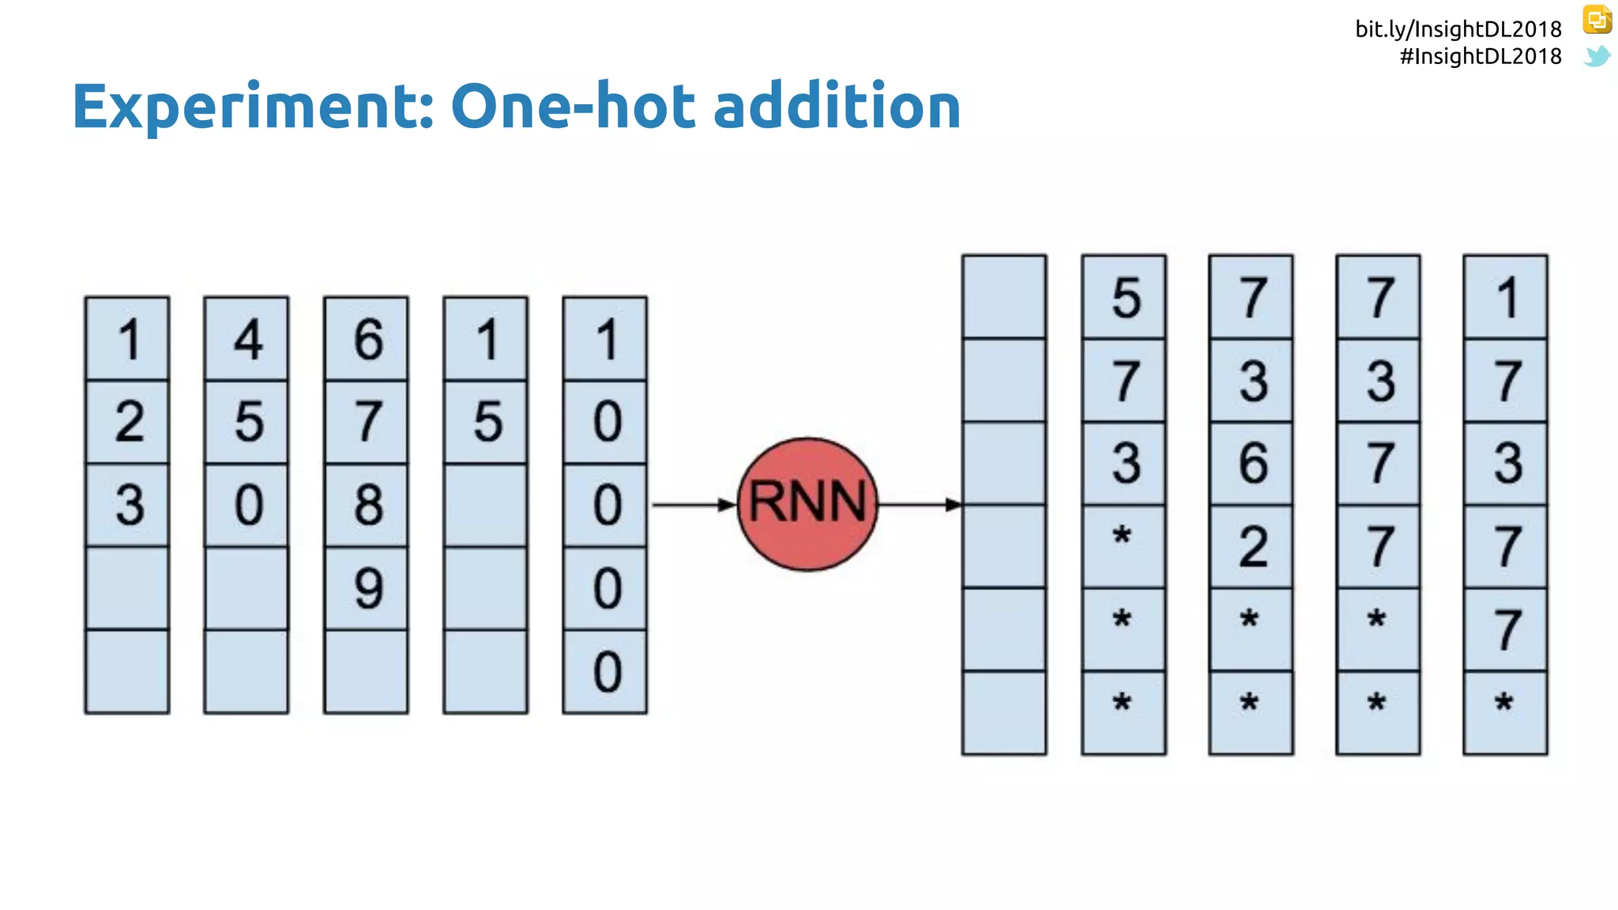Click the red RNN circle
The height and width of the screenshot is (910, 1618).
pos(807,504)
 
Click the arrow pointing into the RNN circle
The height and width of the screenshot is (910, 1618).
pos(692,505)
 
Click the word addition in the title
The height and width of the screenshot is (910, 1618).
pos(837,107)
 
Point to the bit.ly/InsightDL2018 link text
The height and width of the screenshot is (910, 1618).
pos(1458,29)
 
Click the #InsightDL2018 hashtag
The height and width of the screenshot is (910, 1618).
pos(1480,56)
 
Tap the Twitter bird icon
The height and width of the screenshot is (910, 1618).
pos(1597,56)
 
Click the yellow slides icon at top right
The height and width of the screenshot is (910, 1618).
pos(1597,19)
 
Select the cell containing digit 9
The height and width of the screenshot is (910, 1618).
pos(367,588)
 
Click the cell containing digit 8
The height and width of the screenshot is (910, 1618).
pos(367,505)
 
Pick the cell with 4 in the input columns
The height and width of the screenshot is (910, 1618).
pos(246,340)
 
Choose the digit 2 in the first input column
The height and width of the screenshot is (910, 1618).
pos(127,422)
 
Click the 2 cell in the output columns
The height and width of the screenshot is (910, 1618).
pos(1251,547)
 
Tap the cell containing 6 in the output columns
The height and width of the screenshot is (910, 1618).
pos(1251,463)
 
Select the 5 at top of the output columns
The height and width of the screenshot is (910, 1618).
pos(1123,298)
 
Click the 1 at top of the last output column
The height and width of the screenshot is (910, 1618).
pos(1505,298)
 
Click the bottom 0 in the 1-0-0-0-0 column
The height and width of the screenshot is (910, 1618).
pos(605,672)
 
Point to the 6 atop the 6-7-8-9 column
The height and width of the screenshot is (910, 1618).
pos(367,340)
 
